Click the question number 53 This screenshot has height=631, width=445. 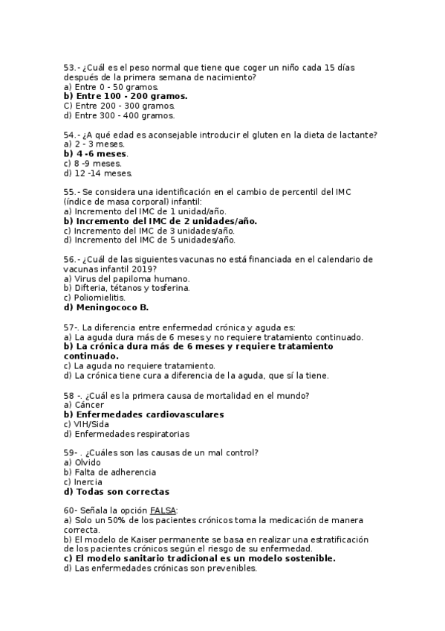tap(68, 67)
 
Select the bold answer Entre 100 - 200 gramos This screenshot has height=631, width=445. tap(126, 96)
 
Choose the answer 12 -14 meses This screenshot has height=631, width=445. tap(98, 173)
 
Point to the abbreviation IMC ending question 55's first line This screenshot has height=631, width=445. tap(343, 192)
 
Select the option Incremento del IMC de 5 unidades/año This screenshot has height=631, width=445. tap(149, 240)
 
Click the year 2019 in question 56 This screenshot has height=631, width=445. tap(140, 269)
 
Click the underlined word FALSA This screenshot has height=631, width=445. tap(163, 510)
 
